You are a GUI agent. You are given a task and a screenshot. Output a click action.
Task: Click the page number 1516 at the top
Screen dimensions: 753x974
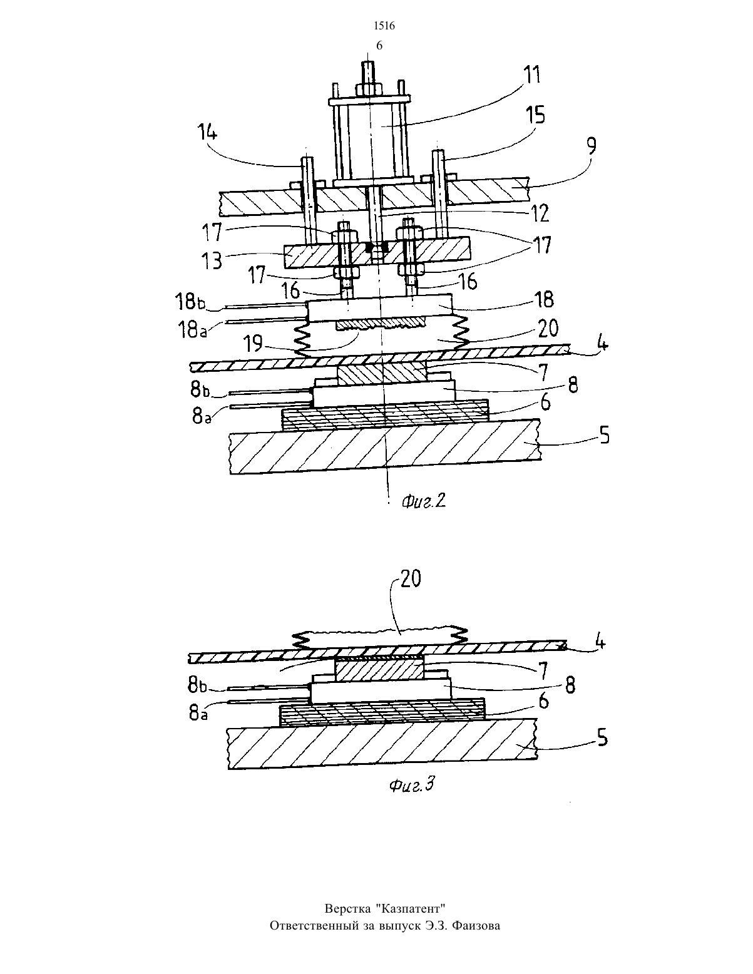pos(384,26)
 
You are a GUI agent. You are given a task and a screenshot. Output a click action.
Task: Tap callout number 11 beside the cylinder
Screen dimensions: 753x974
pos(533,75)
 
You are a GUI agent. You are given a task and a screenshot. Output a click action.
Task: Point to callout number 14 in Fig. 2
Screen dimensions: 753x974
pos(206,133)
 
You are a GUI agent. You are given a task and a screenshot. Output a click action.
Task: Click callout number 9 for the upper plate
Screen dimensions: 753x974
pos(592,146)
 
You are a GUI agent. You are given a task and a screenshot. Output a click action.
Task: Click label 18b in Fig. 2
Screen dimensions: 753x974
pos(190,302)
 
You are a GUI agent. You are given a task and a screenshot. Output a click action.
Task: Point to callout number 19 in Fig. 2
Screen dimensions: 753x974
pos(253,345)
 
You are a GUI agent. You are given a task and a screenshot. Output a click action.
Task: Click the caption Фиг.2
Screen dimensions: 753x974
pos(423,501)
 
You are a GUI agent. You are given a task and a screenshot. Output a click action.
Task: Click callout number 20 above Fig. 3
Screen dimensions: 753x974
pos(410,578)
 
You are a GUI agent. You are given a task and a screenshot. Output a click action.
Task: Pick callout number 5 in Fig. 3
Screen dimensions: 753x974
pos(602,737)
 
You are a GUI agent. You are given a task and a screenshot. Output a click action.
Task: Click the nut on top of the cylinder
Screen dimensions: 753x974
pos(368,89)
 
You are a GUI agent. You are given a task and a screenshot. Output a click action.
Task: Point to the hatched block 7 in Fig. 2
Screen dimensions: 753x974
pos(381,374)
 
